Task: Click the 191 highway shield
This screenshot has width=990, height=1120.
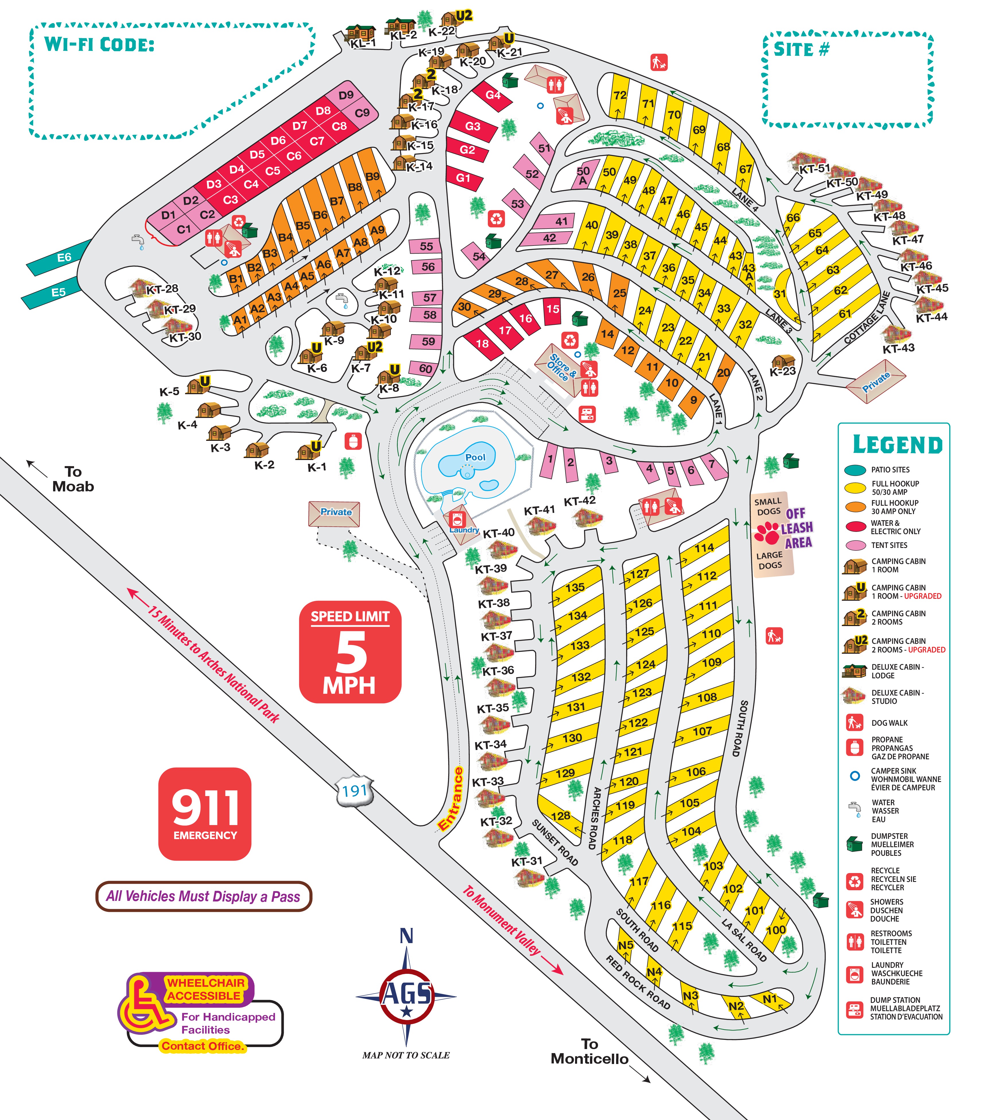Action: (x=355, y=791)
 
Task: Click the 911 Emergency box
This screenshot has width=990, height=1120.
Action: (x=205, y=813)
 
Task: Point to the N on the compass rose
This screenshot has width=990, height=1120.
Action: (x=406, y=936)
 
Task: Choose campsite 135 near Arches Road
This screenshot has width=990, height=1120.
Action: (x=575, y=587)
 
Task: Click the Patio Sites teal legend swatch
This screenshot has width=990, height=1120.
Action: (x=855, y=470)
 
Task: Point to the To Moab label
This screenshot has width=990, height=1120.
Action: (x=73, y=479)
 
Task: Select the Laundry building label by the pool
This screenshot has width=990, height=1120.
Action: (x=464, y=530)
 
